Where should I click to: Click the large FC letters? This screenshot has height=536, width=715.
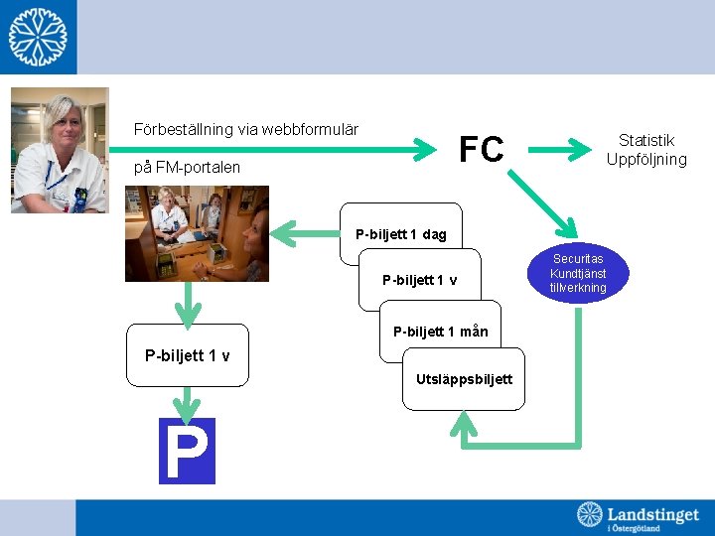point(482,150)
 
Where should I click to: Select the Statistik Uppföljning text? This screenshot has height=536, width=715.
point(646,150)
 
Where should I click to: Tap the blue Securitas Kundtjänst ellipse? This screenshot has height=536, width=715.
point(579,274)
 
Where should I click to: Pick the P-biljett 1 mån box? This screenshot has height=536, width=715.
point(440,332)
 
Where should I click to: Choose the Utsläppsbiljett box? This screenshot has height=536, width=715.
point(464,378)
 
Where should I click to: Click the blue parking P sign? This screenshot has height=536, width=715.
point(187,451)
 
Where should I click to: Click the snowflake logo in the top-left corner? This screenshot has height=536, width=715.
point(38,37)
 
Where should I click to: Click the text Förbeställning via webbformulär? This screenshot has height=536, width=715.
point(246,129)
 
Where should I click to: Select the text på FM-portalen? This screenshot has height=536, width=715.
point(187,167)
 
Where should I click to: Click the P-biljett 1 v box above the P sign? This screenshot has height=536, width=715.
point(188,354)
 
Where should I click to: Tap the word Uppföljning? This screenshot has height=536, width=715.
point(646,159)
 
